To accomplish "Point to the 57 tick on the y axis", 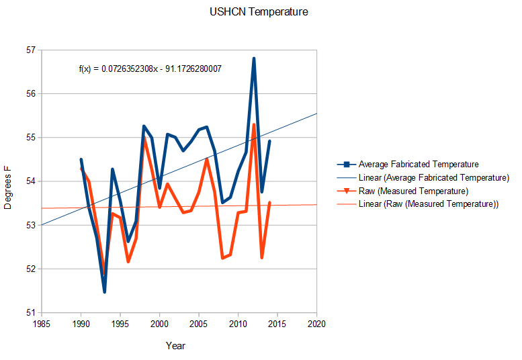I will coord(30,50).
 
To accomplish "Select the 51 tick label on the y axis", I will coord(30,312).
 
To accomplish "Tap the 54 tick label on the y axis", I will coord(30,181).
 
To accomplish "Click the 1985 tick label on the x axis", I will coord(42,324).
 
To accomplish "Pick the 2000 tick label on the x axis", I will coord(159,324).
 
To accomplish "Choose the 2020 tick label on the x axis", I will coord(316,324).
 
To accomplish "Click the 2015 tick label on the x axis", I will coord(277,324).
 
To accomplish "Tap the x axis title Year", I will coord(176,346).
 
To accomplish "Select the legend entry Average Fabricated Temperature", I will coord(418,164).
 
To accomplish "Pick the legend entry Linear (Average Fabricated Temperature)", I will coord(433,177).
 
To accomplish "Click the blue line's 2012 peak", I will coord(254,58).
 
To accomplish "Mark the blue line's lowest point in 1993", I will coord(104,291).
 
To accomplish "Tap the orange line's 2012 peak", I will coord(254,124).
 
